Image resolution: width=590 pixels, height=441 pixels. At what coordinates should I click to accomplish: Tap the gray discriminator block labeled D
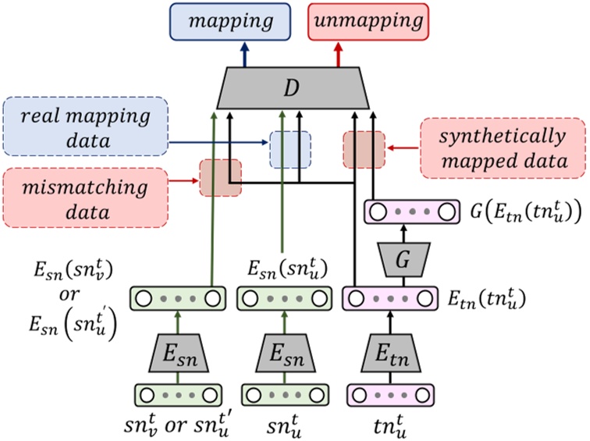pos(290,87)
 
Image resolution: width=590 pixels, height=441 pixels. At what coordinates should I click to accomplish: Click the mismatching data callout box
pos(85,198)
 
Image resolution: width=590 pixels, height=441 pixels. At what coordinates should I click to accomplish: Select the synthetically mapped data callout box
pos(503,149)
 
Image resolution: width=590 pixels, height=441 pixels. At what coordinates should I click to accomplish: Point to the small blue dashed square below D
pos(290,149)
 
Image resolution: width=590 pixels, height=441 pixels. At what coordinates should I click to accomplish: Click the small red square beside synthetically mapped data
pos(364,150)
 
